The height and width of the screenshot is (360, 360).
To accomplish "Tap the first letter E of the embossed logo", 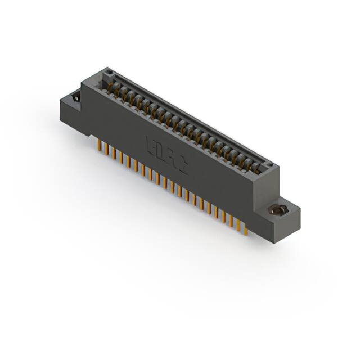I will pyautogui.click(x=151, y=144).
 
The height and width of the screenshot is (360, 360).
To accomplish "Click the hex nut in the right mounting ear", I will pyautogui.click(x=276, y=210).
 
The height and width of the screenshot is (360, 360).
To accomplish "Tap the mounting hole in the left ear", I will pyautogui.click(x=75, y=99).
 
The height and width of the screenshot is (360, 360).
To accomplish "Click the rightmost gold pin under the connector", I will pyautogui.click(x=245, y=228).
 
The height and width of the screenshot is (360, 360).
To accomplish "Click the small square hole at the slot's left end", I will pyautogui.click(x=110, y=73).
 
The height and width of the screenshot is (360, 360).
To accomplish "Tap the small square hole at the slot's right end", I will pyautogui.click(x=269, y=165).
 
